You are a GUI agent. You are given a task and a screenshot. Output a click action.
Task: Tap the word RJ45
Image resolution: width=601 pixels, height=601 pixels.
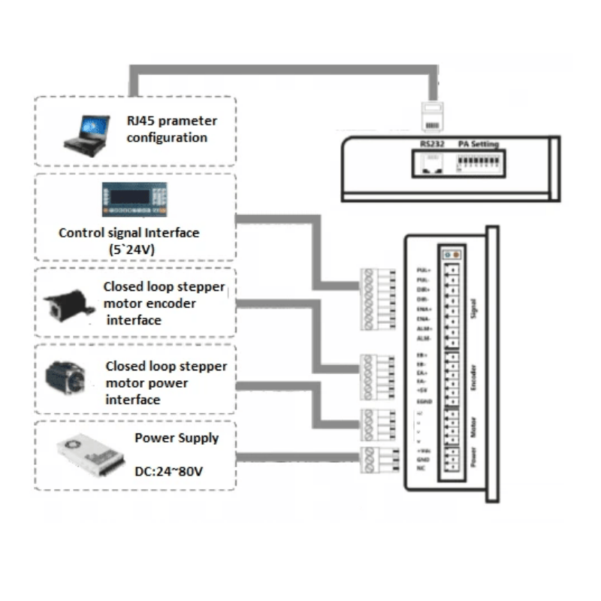(x=143, y=121)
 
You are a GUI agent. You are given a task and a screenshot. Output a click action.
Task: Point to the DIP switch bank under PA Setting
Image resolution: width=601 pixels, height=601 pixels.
(x=482, y=162)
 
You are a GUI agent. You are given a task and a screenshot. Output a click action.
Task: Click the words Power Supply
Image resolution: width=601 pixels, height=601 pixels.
(x=177, y=438)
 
